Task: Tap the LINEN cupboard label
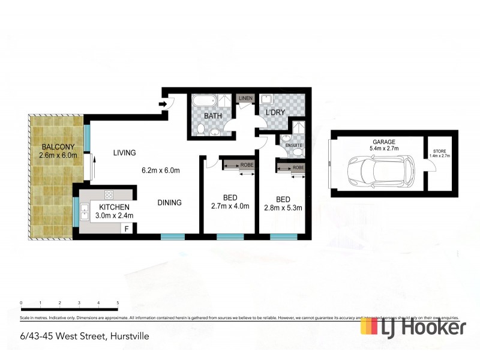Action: click(245, 98)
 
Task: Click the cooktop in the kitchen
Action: click(109, 194)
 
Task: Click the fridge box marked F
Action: click(127, 228)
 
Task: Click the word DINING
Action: click(169, 203)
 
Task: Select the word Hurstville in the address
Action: click(128, 337)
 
